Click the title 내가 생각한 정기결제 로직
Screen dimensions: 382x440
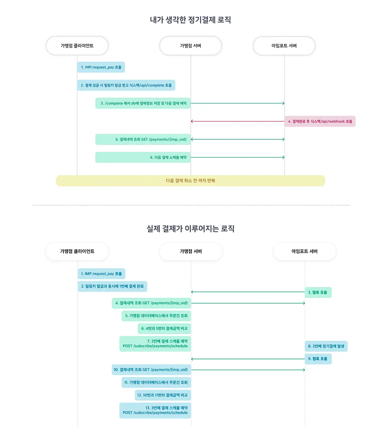click(x=190, y=20)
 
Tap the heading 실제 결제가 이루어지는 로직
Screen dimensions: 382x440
click(x=190, y=228)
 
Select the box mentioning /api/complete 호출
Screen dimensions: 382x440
click(x=126, y=85)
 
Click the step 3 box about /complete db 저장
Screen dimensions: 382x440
click(x=143, y=103)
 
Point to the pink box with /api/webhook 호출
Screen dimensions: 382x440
click(x=320, y=121)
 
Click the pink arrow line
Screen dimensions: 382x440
click(x=238, y=121)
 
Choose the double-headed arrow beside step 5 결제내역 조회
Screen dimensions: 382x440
click(x=238, y=139)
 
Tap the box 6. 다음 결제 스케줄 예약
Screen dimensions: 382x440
click(x=143, y=157)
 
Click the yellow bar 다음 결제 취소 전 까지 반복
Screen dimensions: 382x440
click(x=190, y=181)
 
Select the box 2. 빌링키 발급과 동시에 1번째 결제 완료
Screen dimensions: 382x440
click(x=112, y=286)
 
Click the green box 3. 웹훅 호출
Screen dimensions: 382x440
click(x=318, y=292)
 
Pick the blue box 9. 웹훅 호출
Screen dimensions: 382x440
click(x=318, y=359)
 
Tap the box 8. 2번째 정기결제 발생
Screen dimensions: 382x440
click(x=326, y=346)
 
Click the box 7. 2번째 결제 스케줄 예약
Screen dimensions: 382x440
click(x=155, y=344)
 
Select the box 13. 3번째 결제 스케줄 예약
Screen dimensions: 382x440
click(x=155, y=410)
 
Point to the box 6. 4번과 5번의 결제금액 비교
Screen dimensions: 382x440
click(x=164, y=329)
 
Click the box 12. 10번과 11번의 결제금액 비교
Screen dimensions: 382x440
click(x=163, y=395)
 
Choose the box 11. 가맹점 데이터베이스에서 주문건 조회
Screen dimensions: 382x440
click(x=156, y=382)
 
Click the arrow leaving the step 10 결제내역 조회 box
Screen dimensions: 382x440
click(x=248, y=370)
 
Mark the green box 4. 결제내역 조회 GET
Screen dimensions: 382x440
click(x=151, y=303)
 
